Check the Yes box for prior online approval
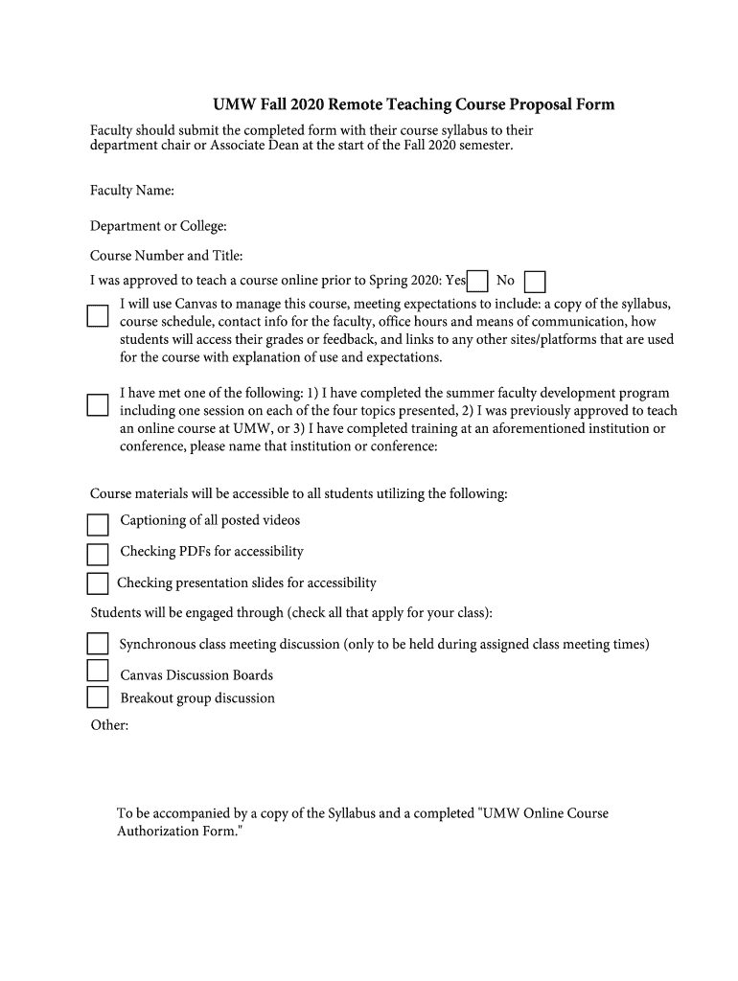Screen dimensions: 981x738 477,281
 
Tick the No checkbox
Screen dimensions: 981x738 536,281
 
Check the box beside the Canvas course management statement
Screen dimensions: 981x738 97,316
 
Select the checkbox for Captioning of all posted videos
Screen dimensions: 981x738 98,524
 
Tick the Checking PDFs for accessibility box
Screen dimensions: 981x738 98,554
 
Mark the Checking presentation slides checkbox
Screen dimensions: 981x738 98,583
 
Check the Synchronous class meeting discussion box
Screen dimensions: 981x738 98,643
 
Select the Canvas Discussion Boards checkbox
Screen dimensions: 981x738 98,670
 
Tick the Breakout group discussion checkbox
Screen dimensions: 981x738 98,696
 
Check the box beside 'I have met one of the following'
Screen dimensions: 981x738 97,405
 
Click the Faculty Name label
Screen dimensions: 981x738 132,191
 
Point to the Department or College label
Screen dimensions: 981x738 158,226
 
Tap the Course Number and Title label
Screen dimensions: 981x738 167,256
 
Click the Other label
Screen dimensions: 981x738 109,725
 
